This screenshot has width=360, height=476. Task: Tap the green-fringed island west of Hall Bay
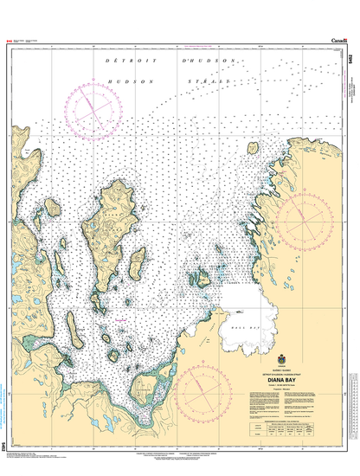(201, 279)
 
